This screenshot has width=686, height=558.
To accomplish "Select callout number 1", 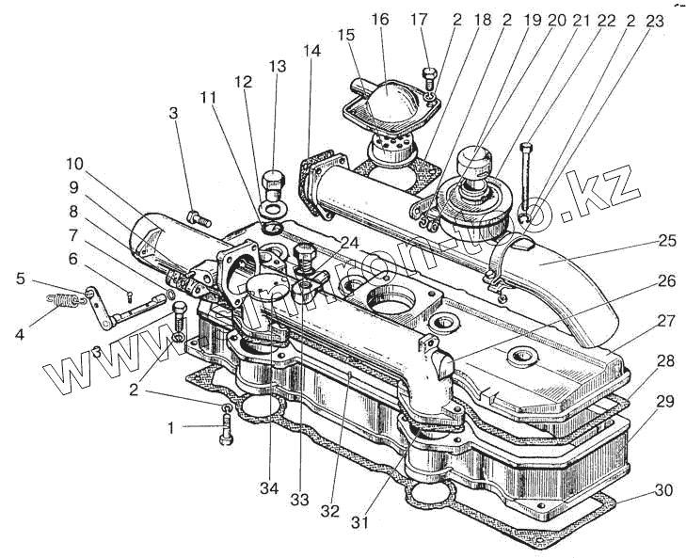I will pos(170,427).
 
